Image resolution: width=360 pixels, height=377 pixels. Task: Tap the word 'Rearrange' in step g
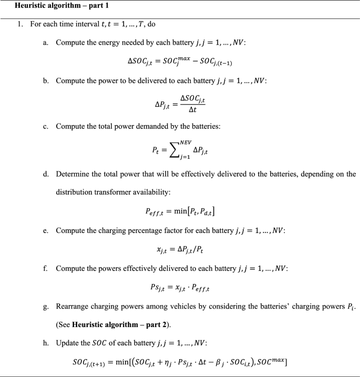73,305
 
